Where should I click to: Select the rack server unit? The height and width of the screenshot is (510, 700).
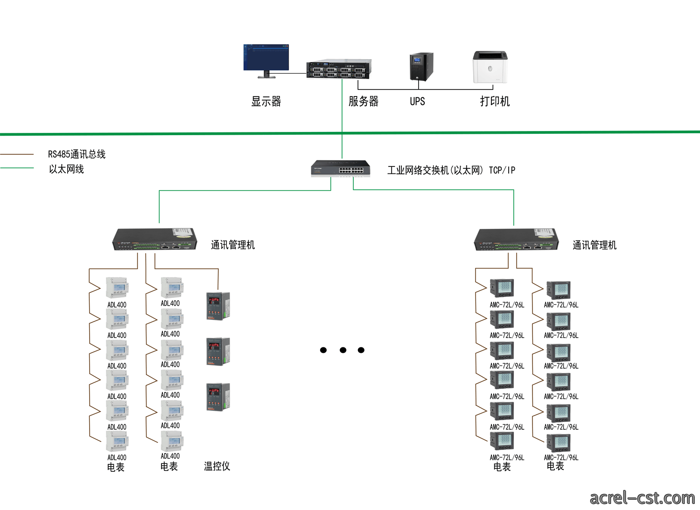[x=339, y=69]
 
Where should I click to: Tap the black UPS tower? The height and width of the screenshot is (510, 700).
[x=421, y=67]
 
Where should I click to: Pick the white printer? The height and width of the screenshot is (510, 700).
[x=490, y=67]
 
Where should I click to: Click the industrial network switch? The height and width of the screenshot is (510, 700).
[x=340, y=169]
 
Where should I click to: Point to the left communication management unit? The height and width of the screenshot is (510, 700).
[x=154, y=240]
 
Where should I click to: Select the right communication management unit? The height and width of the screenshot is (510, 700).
[x=516, y=240]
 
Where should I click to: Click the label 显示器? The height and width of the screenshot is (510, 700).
[x=266, y=102]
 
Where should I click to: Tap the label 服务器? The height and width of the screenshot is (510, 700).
[x=364, y=101]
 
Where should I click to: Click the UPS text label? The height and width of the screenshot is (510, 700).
[x=417, y=101]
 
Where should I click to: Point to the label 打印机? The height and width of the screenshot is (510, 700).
[x=495, y=101]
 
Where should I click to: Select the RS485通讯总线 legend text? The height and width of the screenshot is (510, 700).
[x=77, y=154]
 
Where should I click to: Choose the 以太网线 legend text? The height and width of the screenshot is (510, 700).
[x=66, y=169]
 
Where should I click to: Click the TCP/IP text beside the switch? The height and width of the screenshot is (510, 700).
[x=502, y=170]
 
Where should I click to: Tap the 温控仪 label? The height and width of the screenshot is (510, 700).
[x=217, y=466]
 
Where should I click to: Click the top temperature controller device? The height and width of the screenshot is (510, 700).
[x=218, y=306]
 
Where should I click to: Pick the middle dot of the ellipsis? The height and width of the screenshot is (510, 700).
[x=343, y=350]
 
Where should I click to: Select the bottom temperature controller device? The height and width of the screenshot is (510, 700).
[x=218, y=397]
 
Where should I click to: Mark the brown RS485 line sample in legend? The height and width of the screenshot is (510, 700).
[x=17, y=154]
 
